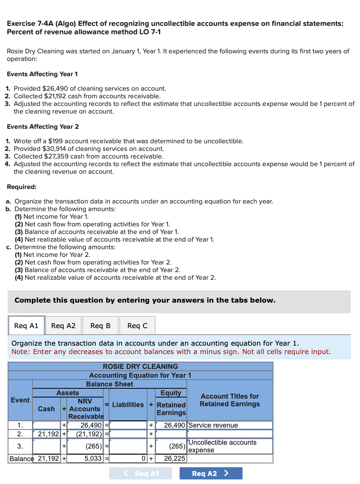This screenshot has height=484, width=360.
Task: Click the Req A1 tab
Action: pos(26,325)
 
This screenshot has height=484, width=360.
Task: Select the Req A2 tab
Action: pos(63,325)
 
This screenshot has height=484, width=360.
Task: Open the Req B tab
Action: pos(100,325)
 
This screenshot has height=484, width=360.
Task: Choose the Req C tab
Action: pos(137,325)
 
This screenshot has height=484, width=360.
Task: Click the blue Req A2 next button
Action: pos(211,473)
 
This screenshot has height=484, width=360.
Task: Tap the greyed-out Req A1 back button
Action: pos(140,473)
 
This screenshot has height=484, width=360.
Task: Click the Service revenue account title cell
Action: pos(230,425)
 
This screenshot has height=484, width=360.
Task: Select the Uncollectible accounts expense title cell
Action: pos(230,446)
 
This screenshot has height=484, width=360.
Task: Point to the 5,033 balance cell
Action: pos(86,458)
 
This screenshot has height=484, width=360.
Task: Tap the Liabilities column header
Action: pos(128,405)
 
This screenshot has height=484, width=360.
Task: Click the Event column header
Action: pos(20,400)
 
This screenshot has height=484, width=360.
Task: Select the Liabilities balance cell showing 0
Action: pos(128,458)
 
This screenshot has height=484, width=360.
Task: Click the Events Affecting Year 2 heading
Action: pos(43,127)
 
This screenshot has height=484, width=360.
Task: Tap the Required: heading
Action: pos(22,187)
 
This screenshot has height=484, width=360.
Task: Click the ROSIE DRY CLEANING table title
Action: pos(140,367)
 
